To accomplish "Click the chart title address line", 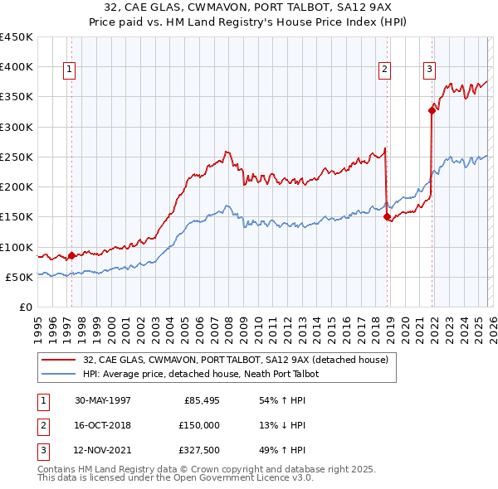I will point(249,7).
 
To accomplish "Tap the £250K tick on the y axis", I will point(17,157).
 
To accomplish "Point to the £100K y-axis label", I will point(17,247).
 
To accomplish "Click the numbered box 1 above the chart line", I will point(68,70).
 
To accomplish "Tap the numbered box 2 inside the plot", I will point(385,70).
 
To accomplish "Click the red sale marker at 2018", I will point(387,217).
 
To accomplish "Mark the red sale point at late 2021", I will point(432,109).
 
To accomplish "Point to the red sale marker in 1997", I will point(71,256).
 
